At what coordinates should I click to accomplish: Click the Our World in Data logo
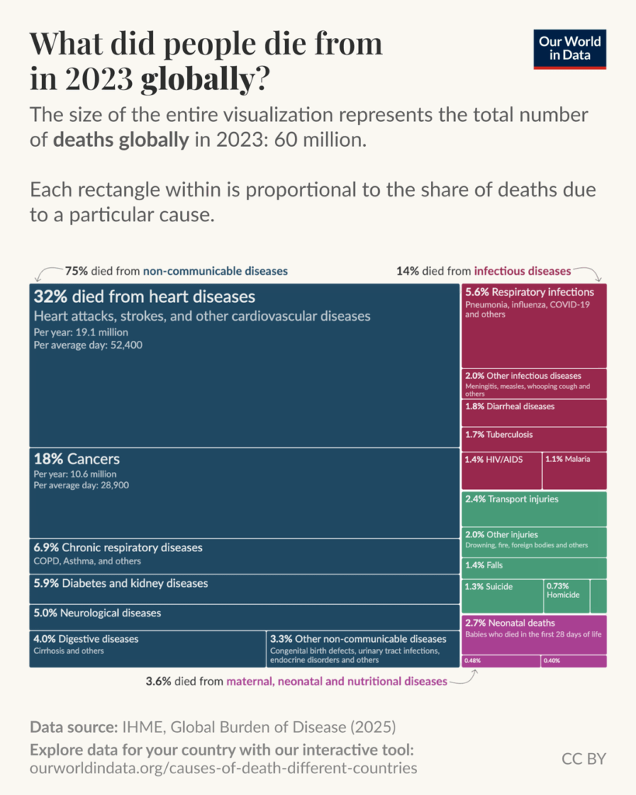pos(572,49)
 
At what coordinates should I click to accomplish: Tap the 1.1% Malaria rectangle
pos(574,470)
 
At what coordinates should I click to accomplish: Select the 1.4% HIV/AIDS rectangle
pos(500,470)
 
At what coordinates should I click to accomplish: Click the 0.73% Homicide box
pos(566,595)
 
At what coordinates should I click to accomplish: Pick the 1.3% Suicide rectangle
pos(502,595)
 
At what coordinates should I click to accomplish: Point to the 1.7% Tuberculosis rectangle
pos(534,439)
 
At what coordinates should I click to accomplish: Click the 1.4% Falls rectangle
pos(534,568)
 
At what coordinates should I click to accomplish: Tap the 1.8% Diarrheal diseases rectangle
pos(534,413)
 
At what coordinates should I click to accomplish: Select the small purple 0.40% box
pos(574,661)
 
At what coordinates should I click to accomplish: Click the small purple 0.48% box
pos(501,661)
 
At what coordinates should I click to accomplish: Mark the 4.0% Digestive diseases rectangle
pos(148,648)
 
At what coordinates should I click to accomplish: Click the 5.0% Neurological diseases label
pos(97,613)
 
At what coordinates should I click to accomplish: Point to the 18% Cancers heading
pos(77,459)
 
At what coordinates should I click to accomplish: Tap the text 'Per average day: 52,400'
pos(88,344)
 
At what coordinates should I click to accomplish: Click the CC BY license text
pos(583,759)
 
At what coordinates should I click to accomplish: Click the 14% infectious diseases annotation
pos(483,271)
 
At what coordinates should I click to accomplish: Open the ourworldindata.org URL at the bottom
pos(223,768)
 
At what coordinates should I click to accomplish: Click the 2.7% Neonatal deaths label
pos(509,623)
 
